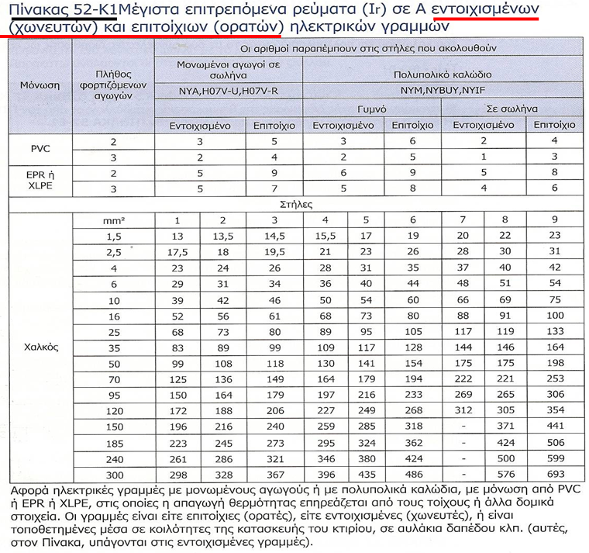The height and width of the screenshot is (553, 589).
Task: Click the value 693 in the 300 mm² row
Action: click(554, 473)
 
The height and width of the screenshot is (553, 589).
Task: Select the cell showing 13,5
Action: click(222, 236)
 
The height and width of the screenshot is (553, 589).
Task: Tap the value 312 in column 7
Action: click(463, 410)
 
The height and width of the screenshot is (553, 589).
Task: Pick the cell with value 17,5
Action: click(177, 251)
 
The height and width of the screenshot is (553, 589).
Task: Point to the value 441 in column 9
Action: click(554, 426)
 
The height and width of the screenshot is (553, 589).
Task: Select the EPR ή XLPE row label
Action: click(40, 181)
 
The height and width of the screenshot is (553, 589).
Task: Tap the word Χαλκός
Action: click(40, 346)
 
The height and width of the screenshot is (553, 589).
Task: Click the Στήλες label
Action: click(294, 206)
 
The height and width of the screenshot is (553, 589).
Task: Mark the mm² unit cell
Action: click(114, 221)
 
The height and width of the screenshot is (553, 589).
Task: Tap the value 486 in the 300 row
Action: click(413, 473)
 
